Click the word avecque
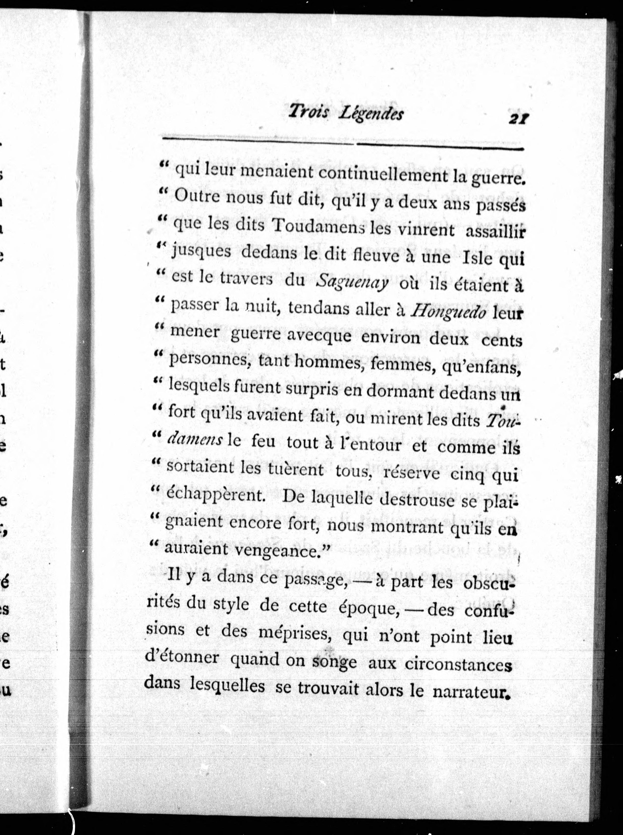tap(318, 335)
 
